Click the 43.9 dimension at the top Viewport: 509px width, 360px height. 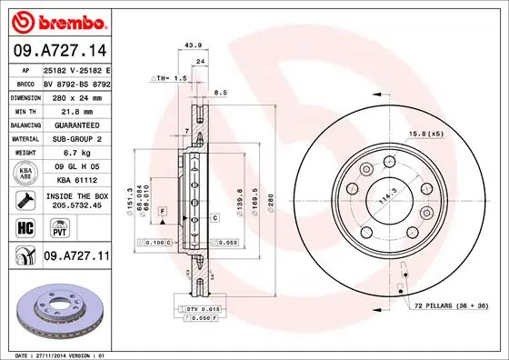pos(193,45)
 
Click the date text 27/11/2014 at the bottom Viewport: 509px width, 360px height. pos(50,354)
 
